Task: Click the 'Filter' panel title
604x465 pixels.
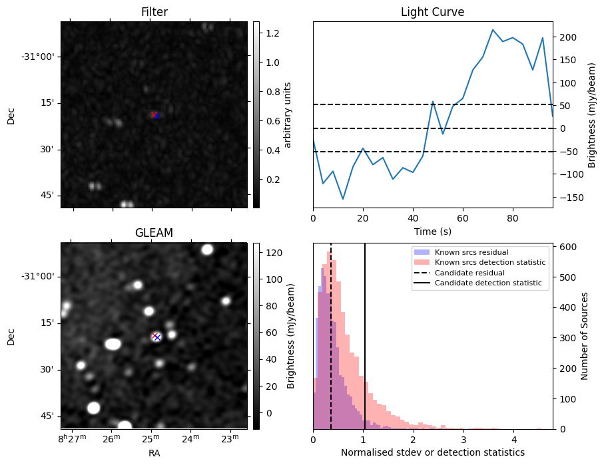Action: pos(154,12)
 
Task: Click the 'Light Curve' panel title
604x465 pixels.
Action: pos(432,12)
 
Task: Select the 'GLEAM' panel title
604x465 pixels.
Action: pos(154,232)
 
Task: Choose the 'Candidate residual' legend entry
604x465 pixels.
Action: pos(469,273)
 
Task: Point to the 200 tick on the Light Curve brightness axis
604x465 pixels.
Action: pos(566,37)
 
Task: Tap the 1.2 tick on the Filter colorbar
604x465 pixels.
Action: pos(272,33)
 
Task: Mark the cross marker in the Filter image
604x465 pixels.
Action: pos(154,115)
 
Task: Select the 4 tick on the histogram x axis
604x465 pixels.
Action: pos(513,439)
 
